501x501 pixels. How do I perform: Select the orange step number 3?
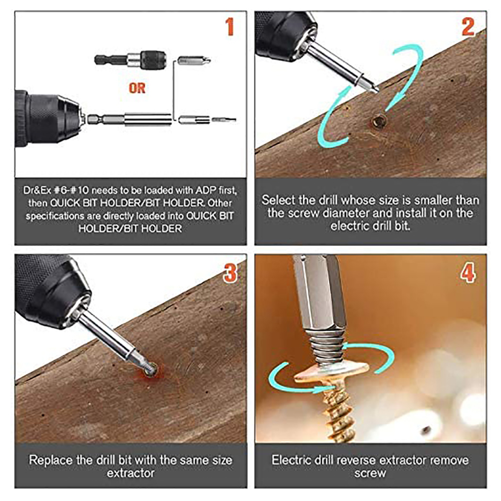[230, 273]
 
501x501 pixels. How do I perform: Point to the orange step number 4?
[468, 273]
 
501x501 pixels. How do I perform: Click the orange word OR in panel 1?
[137, 88]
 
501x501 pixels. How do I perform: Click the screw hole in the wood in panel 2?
[379, 122]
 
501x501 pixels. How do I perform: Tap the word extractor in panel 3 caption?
[131, 473]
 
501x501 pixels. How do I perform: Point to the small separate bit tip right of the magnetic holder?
[224, 120]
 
